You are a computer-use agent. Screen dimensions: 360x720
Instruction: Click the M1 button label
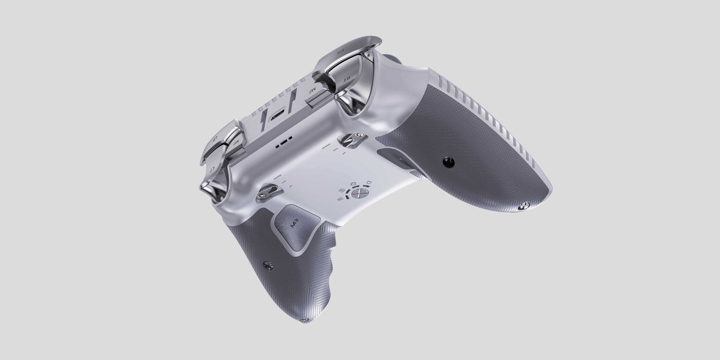236,142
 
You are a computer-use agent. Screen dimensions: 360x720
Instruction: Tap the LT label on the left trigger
213,169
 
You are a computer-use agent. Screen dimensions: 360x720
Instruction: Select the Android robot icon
353,184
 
